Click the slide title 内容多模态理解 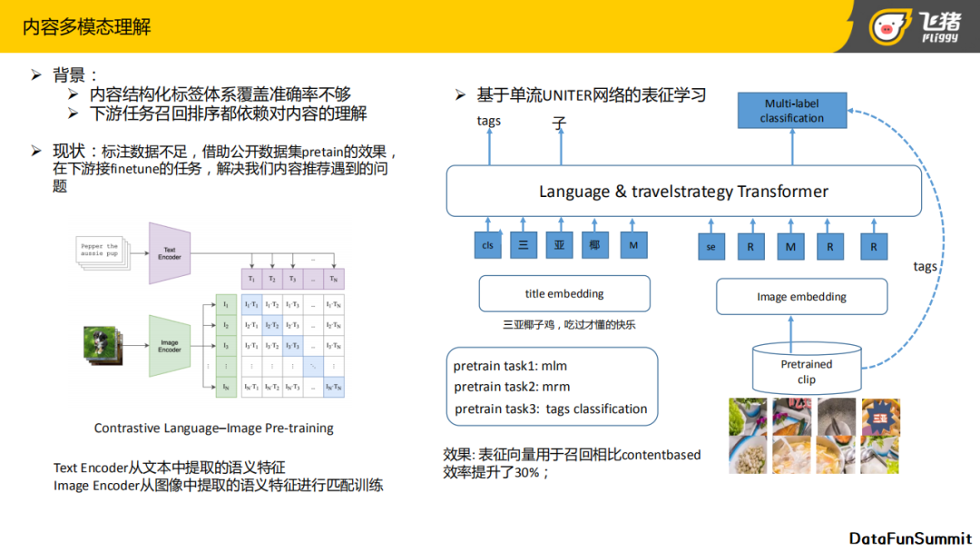pos(87,26)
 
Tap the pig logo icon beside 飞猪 pos(890,26)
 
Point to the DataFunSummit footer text pos(910,538)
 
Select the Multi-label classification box pos(791,111)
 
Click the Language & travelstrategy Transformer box pos(683,192)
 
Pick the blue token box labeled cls pos(488,245)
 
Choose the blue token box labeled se pos(711,246)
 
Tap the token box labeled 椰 pos(594,245)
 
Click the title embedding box pos(564,293)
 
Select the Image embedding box pos(801,297)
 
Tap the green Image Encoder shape pos(169,346)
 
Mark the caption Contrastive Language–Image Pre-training pos(214,428)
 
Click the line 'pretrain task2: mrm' pos(512,387)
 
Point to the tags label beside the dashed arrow pos(925,266)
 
